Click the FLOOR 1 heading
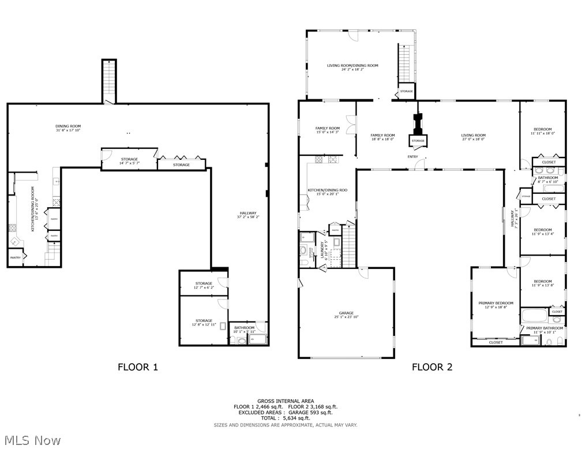(x=137, y=366)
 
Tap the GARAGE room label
(x=346, y=313)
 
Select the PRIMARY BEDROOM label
(x=495, y=303)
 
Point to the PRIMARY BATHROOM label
(x=545, y=328)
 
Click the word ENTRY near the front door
(x=412, y=156)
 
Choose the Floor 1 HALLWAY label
(x=247, y=213)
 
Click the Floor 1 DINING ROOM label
(x=68, y=126)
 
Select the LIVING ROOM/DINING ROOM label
(x=352, y=65)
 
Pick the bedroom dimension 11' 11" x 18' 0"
(x=542, y=133)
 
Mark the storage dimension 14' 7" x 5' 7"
(x=129, y=163)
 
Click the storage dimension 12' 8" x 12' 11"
(x=204, y=325)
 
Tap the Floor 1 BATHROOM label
(x=244, y=328)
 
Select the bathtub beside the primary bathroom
(x=535, y=315)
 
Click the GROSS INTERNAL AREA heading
(x=286, y=401)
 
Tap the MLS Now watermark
(x=31, y=440)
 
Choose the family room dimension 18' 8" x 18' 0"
(x=382, y=139)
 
